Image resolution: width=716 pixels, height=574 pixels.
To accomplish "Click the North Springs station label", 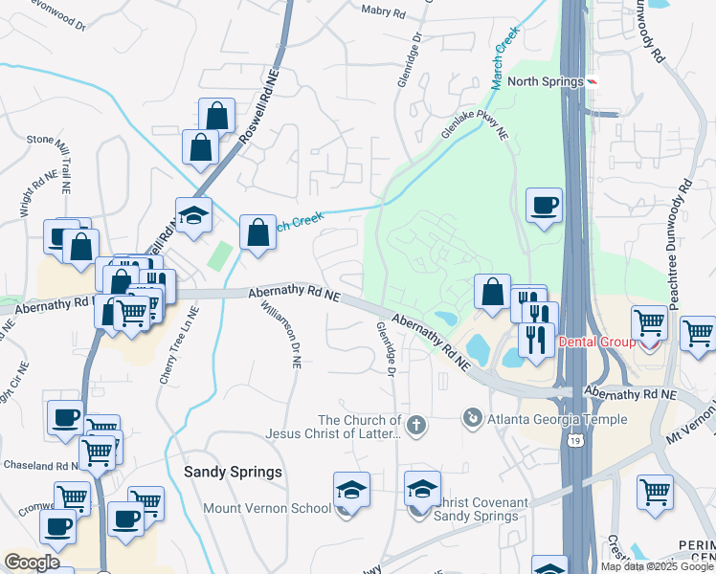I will (x=545, y=81).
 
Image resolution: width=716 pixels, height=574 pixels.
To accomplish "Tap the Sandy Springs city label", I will (x=233, y=472).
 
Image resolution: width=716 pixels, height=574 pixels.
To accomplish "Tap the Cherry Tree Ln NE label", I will (x=179, y=344).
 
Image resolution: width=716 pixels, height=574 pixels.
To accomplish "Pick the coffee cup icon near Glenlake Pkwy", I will (x=545, y=205).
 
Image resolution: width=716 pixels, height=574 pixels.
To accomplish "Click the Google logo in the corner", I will (x=32, y=563).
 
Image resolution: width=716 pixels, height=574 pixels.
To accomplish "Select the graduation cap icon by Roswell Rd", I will (x=192, y=215).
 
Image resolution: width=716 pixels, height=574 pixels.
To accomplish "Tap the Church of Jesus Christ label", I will (x=360, y=428).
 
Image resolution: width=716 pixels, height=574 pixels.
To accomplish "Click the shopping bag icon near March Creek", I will (x=257, y=232).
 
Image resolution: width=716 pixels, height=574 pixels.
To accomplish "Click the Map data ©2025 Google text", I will (x=657, y=566).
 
